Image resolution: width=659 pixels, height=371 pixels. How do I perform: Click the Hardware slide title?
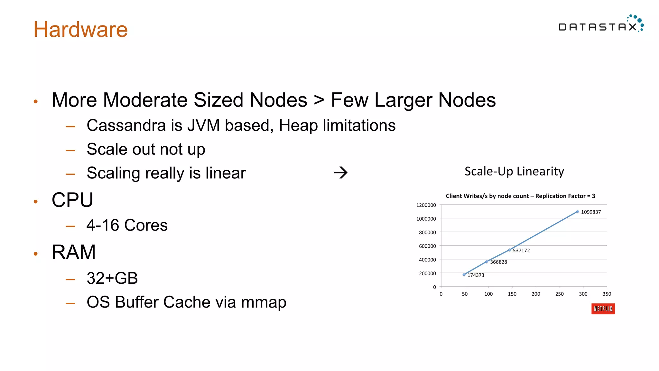pos(80,29)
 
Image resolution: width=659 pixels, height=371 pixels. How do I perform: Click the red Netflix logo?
pos(603,309)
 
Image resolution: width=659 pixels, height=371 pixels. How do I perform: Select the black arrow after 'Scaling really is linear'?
pos(340,173)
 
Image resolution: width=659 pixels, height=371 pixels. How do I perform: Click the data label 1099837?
pos(591,212)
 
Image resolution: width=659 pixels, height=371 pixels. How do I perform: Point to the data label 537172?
pos(521,251)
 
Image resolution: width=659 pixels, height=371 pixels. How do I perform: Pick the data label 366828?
pos(498,262)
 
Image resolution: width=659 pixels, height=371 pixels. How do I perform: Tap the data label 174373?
pos(476,275)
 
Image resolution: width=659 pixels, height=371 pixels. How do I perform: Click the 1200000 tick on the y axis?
pos(426,205)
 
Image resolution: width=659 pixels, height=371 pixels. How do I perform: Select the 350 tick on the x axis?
pos(607,294)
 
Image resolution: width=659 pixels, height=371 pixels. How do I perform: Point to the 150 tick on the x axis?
pos(512,294)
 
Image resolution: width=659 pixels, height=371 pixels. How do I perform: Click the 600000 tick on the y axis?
pos(427,246)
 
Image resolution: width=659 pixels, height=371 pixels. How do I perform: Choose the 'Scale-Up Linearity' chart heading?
pos(514,171)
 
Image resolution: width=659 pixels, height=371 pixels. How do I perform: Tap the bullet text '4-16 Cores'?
pos(127,225)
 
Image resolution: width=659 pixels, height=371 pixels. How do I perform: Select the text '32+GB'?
pos(112,278)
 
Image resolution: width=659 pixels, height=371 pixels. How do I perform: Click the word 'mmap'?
pos(264,302)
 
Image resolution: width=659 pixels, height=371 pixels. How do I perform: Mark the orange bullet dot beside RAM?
pos(36,254)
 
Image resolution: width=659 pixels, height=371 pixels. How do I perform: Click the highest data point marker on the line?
pos(578,212)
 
